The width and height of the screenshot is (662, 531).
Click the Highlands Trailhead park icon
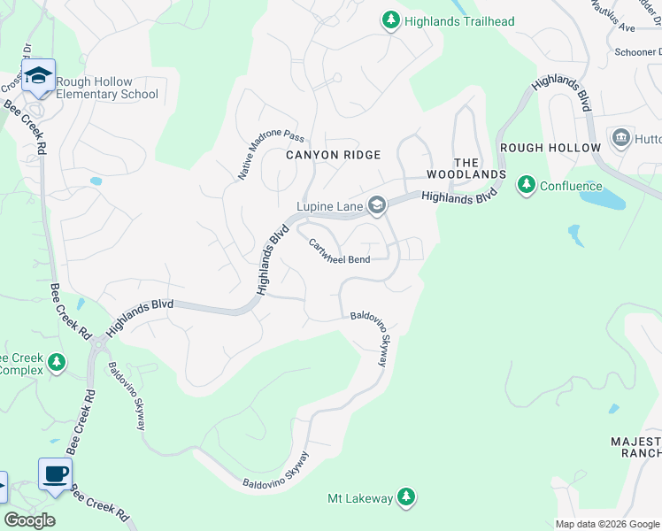pos(390,19)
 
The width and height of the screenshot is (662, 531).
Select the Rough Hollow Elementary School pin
pos(39,77)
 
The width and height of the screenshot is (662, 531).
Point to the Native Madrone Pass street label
pos(270,156)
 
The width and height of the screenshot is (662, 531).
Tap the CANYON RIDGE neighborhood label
pos(333,155)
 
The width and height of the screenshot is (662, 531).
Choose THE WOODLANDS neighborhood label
pos(479,168)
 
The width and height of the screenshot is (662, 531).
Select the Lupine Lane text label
pos(329,206)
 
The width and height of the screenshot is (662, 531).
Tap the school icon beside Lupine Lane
pos(377,206)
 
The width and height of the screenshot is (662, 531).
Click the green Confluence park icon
pos(527,186)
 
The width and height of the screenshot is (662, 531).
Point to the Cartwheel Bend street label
pos(339,250)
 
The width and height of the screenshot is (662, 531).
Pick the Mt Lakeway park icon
pos(406,498)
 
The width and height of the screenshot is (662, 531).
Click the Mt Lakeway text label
pos(360,498)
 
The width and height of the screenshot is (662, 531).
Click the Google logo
pos(29,519)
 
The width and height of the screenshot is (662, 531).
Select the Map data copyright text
pos(606,524)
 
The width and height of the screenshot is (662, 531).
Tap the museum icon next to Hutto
pos(620,138)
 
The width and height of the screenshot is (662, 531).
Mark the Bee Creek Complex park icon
pos(57,363)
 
